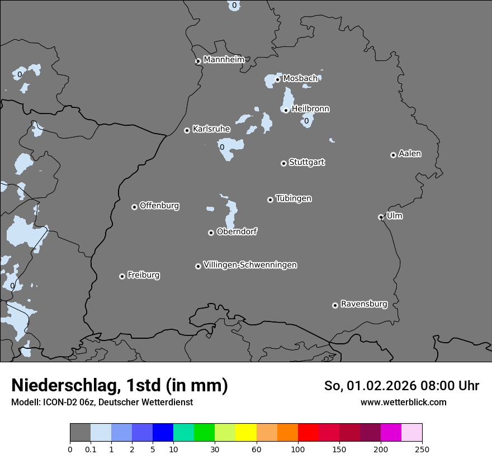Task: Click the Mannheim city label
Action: coord(224,60)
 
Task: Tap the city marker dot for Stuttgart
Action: coord(283,163)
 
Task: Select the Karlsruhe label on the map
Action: coord(211,129)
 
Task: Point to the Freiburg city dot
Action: coord(122,276)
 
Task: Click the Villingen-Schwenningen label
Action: coord(250,265)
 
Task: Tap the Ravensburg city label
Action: coord(364,304)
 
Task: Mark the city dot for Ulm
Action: coord(381,217)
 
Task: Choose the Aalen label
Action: coord(410,154)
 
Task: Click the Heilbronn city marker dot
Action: coord(286,110)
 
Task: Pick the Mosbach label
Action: coord(300,79)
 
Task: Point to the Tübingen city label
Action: coord(294,198)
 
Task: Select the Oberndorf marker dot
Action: coord(211,233)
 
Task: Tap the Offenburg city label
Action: coord(159,206)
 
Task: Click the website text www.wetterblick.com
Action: coord(403,402)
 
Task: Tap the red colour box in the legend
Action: coord(308,433)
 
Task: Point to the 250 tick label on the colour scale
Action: coord(422,449)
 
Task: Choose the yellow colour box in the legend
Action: coord(246,433)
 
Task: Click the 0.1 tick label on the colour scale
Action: coord(91,449)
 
